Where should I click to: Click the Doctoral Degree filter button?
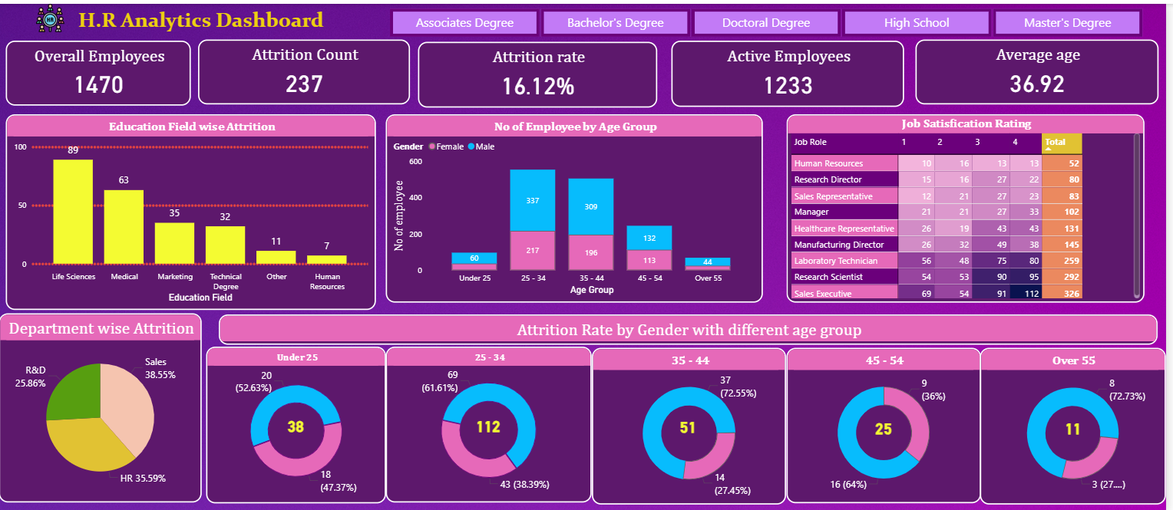[765, 23]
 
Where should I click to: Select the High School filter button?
[916, 23]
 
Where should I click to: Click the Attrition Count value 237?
[304, 83]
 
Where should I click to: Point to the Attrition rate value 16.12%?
[538, 86]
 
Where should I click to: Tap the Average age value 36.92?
[1037, 83]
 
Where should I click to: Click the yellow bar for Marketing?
[174, 243]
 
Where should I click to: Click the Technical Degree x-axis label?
[226, 281]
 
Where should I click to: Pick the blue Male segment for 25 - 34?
[532, 200]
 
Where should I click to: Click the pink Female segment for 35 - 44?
[590, 252]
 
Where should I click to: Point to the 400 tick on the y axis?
[415, 198]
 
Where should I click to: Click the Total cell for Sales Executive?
[1062, 294]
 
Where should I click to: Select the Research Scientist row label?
[828, 277]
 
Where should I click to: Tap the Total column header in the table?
[1061, 143]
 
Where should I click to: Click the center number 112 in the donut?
[488, 427]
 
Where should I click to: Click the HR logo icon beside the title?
[51, 20]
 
